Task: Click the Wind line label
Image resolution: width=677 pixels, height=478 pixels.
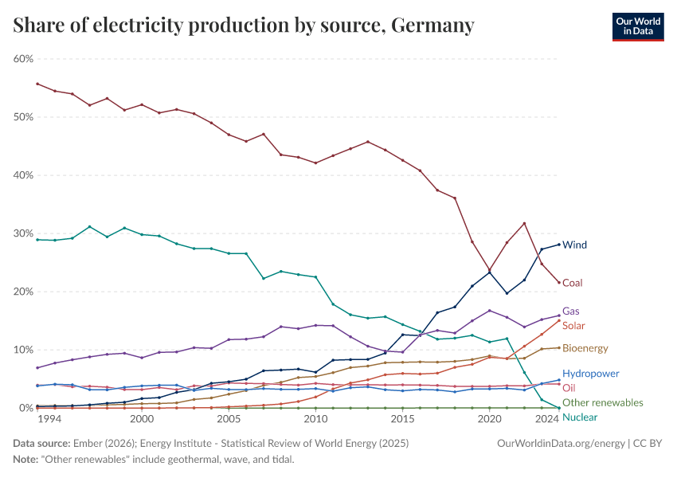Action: point(574,245)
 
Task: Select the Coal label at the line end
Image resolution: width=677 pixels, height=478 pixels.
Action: point(573,283)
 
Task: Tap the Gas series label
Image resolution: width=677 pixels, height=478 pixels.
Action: point(570,311)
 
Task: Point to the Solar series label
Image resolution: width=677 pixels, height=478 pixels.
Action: point(574,325)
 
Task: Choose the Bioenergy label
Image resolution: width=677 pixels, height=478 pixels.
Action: point(585,348)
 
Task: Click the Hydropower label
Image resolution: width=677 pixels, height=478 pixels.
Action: point(590,373)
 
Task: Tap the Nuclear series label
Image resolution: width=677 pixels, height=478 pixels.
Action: point(579,417)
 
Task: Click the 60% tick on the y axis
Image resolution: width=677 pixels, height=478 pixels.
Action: point(23,59)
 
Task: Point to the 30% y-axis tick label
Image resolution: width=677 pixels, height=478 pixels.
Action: point(23,233)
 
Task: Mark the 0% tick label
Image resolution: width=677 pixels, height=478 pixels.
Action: point(26,408)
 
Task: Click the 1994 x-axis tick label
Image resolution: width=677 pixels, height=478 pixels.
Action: point(49,419)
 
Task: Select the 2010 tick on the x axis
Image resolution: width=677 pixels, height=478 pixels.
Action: point(315,419)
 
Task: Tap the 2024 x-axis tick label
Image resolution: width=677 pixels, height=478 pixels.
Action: point(547,419)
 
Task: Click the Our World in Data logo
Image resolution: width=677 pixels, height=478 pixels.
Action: point(637,26)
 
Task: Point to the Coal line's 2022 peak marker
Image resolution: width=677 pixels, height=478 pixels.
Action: point(524,223)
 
